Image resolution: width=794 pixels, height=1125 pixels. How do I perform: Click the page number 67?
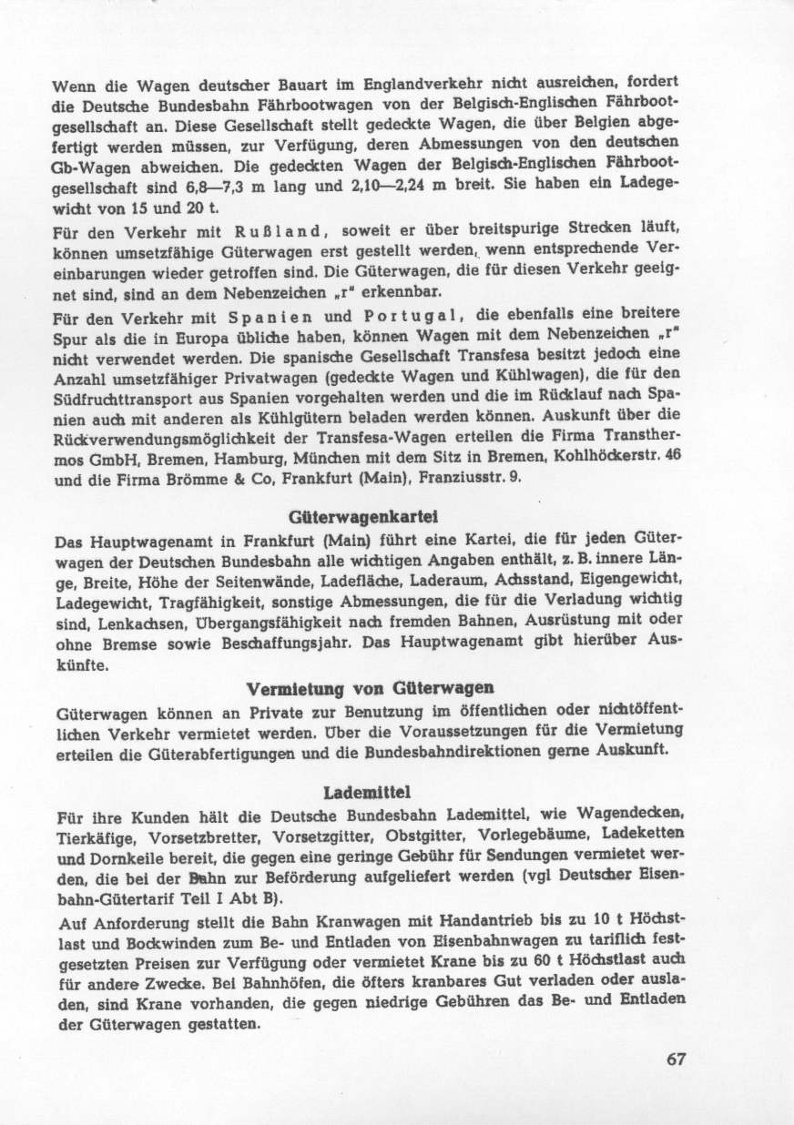click(675, 1059)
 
